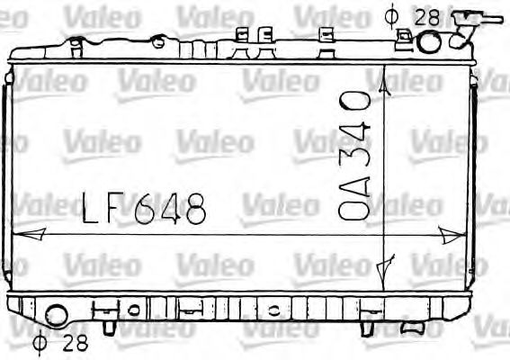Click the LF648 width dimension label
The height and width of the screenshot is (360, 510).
click(x=144, y=210)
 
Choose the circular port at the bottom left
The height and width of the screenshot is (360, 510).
click(x=56, y=315)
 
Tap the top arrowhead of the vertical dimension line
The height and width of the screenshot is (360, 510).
click(x=386, y=82)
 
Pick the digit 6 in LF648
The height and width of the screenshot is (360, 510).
click(x=144, y=211)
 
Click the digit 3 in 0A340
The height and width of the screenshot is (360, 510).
click(x=354, y=165)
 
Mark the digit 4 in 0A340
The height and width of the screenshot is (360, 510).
click(x=354, y=136)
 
